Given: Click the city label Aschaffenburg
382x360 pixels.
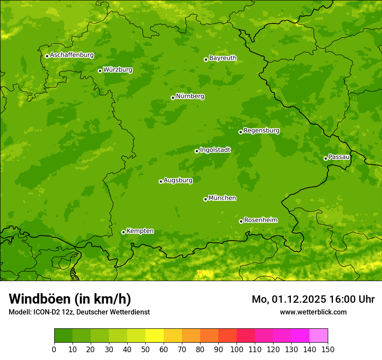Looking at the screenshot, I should (72, 55).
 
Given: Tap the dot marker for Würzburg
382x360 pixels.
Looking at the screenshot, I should (100, 71).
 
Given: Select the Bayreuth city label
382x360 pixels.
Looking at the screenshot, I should (223, 58).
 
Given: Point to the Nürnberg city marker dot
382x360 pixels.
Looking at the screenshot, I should (173, 98).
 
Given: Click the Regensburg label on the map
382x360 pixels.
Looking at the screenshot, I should (261, 131).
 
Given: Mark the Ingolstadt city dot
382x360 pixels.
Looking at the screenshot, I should (197, 151).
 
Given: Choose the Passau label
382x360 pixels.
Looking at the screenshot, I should (339, 157).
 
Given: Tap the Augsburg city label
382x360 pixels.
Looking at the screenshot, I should (178, 180).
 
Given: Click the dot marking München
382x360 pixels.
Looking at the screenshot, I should (205, 199).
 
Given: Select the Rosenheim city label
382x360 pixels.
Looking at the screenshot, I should (260, 220).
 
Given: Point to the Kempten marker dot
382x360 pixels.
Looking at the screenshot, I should (123, 232).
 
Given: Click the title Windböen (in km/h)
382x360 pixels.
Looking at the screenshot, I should (70, 299).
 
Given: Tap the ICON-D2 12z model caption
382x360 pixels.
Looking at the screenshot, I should (79, 312).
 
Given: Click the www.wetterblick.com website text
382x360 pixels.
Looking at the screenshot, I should (313, 312).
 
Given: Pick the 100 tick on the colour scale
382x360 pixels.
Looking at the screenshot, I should (237, 349).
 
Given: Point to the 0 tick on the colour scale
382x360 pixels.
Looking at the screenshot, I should (54, 349).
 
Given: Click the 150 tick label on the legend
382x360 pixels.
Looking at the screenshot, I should (328, 349).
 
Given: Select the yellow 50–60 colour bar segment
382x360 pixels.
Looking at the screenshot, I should (155, 336).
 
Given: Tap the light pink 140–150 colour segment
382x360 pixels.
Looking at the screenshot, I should (319, 336).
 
